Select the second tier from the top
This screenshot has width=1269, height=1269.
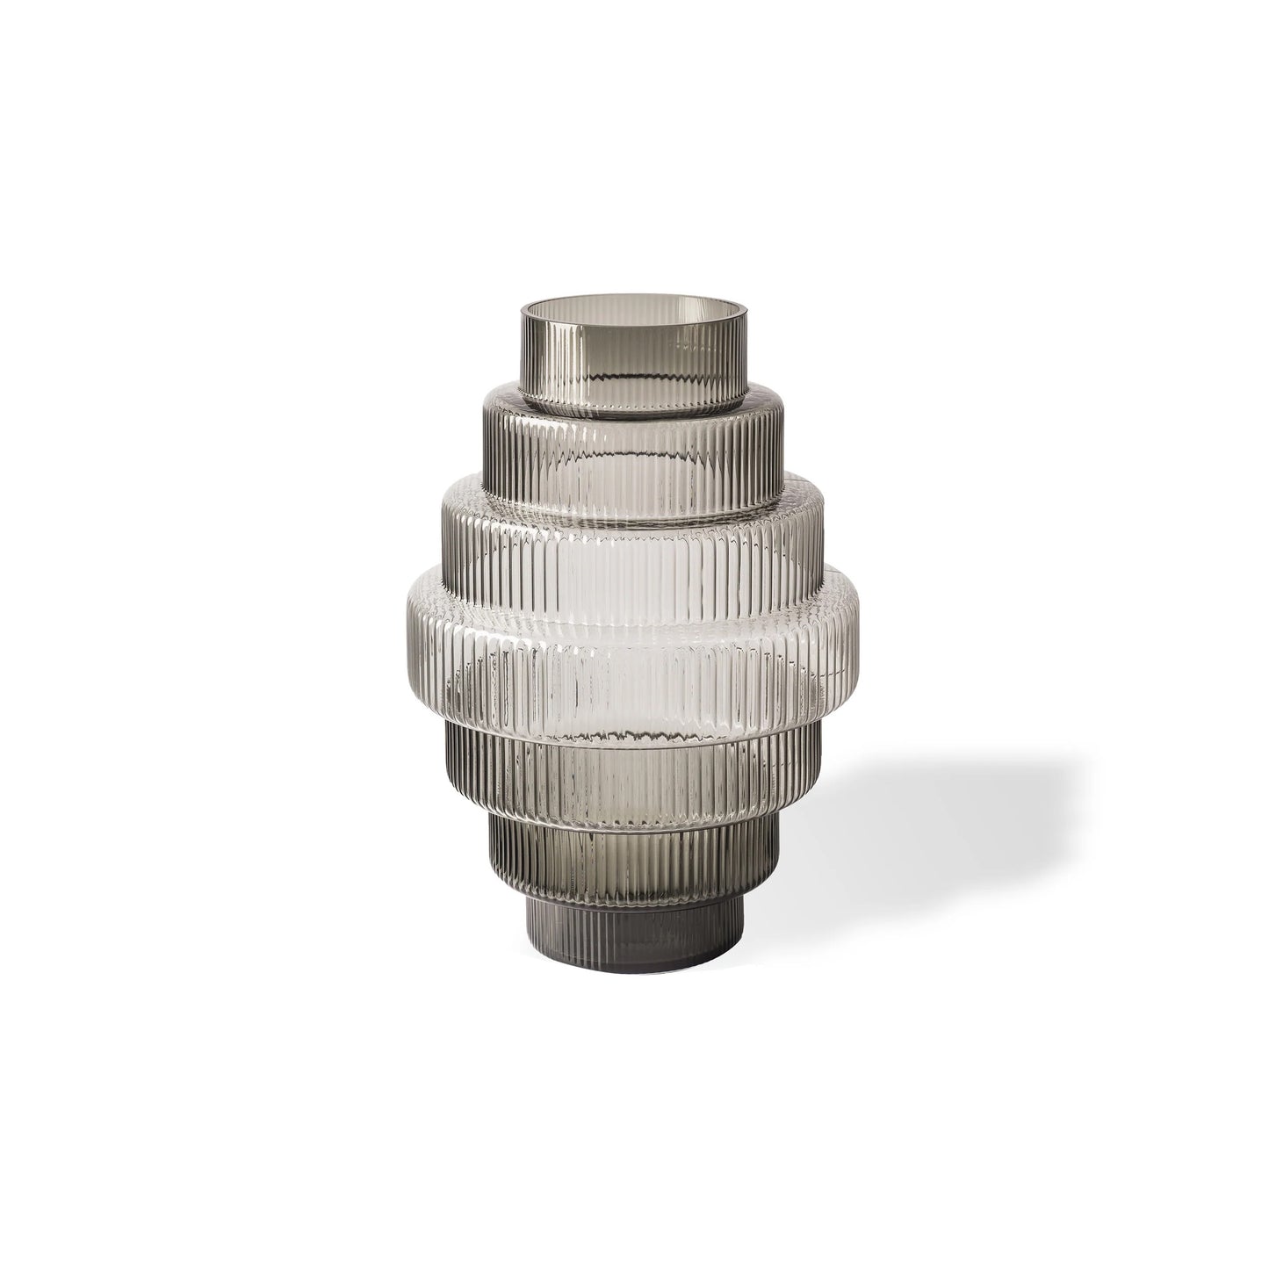click(x=634, y=457)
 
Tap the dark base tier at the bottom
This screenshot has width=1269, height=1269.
click(x=634, y=913)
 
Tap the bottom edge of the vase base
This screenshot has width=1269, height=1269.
click(x=634, y=947)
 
